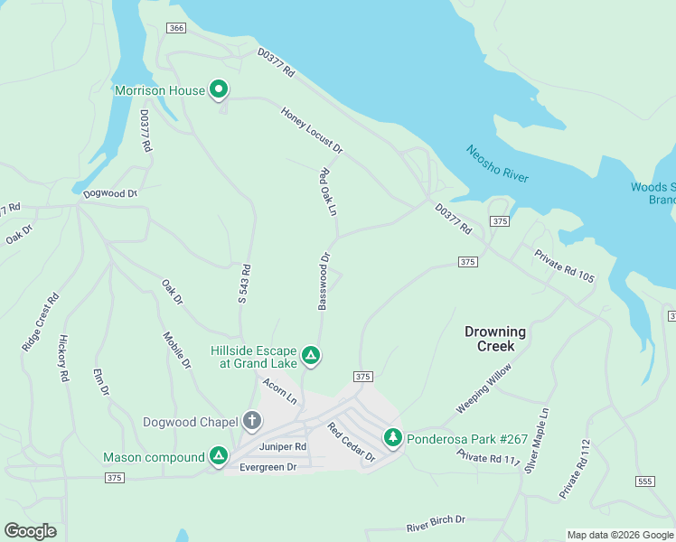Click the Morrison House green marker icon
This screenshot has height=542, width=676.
(x=218, y=89)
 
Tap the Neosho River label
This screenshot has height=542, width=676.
(x=497, y=164)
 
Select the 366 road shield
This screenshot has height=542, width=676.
(x=176, y=29)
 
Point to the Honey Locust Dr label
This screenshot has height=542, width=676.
(x=312, y=130)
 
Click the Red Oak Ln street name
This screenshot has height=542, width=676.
(x=327, y=192)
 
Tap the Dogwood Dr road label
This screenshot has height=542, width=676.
(x=109, y=193)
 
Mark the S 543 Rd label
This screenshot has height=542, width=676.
(x=244, y=284)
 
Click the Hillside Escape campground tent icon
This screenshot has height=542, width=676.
(x=310, y=355)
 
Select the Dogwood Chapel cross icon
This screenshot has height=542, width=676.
(x=251, y=421)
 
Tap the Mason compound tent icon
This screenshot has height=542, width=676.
(x=218, y=457)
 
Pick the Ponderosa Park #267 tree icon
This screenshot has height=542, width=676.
(x=392, y=438)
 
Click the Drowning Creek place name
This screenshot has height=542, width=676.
(x=495, y=339)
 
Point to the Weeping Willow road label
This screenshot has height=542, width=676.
(x=484, y=388)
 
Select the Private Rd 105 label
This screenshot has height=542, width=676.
(x=564, y=266)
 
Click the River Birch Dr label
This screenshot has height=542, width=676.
(x=435, y=522)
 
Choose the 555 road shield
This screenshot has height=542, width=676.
(x=644, y=481)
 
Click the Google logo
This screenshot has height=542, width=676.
(x=30, y=531)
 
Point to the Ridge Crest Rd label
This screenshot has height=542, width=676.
(x=41, y=322)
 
